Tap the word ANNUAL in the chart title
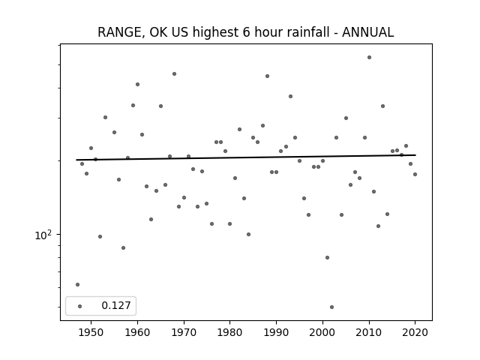[367, 32]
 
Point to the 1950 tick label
[91, 332]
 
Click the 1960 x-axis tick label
[137, 332]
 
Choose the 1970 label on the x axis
[184, 332]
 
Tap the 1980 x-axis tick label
[230, 332]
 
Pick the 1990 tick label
[277, 332]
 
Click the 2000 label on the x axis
[322, 332]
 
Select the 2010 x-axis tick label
[369, 332]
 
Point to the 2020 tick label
[415, 332]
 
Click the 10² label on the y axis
[43, 235]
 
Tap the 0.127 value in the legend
[116, 305]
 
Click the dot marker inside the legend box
[80, 306]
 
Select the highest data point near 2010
[370, 57]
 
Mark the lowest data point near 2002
[331, 307]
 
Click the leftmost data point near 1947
[77, 285]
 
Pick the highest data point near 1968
[174, 73]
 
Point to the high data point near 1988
[267, 76]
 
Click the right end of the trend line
[415, 155]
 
